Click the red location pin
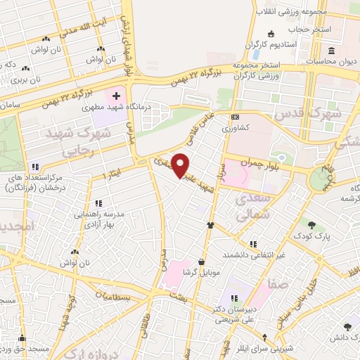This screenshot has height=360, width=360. click(181, 164)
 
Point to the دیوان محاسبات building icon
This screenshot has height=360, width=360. click(330, 51)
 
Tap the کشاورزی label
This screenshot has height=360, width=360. click(236, 129)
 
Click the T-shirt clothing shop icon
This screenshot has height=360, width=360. click(210, 225)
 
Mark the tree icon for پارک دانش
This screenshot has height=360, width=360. click(347, 326)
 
